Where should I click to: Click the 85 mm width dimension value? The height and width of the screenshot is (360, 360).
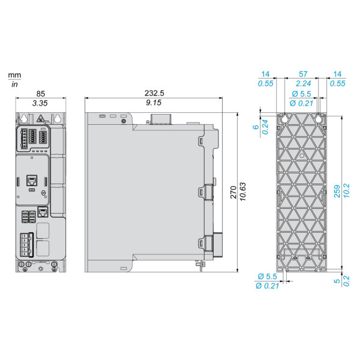(x=41, y=94)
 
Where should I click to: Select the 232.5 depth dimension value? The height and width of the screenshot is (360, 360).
(x=154, y=93)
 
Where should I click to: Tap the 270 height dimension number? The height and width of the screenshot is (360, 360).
(x=233, y=192)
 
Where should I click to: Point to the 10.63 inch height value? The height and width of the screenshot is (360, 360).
(x=242, y=192)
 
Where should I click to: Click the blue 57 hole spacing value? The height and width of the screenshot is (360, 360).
(x=303, y=74)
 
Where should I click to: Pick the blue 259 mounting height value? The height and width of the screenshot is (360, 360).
(x=337, y=191)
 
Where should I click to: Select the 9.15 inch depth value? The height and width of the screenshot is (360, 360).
(x=154, y=103)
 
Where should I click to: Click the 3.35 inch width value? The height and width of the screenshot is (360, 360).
(x=40, y=103)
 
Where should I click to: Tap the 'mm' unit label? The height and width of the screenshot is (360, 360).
(x=14, y=75)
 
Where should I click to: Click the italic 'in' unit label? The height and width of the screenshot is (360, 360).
(x=14, y=84)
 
